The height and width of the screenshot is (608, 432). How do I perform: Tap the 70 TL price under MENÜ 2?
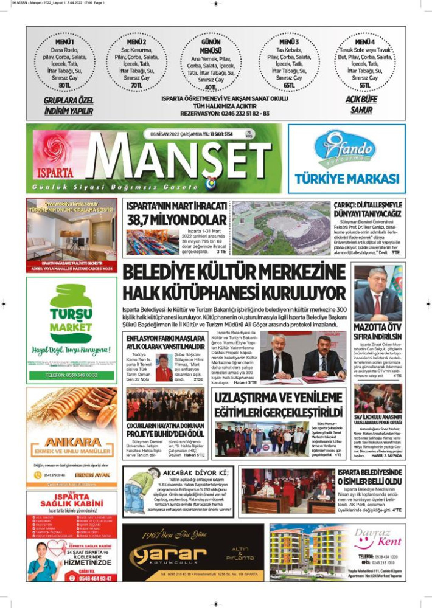coord(136,86)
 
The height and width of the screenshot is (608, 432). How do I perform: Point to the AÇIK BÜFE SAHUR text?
coord(361,105)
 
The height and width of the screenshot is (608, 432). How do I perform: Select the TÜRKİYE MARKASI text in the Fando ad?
coord(347,179)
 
